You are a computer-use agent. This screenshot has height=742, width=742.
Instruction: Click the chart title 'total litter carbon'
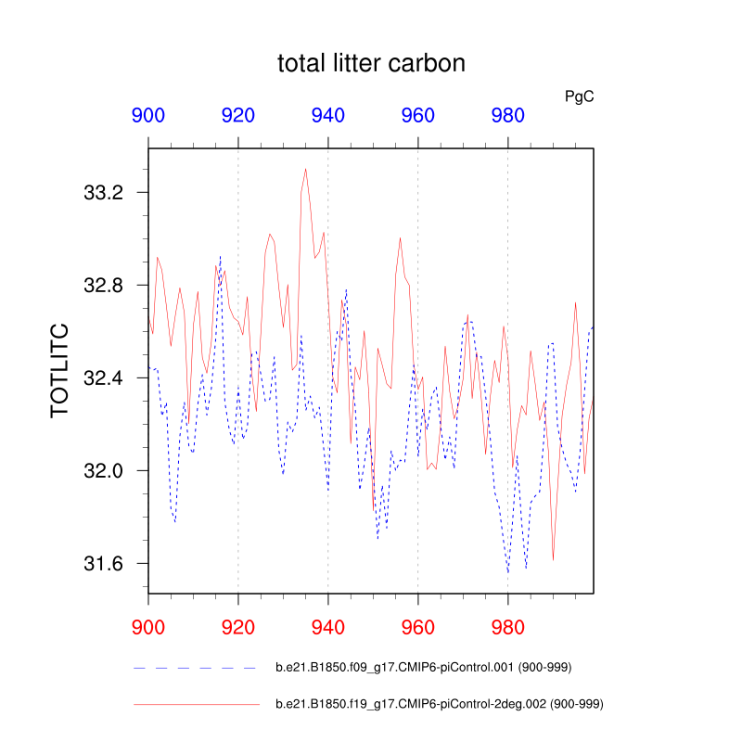coord(371,64)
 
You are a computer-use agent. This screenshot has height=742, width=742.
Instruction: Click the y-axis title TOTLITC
coord(59,371)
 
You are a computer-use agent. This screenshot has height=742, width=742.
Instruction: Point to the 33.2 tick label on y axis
coord(104,193)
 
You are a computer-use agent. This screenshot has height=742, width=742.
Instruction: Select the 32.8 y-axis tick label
coord(104,286)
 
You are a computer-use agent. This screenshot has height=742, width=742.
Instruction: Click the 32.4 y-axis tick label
coord(104,378)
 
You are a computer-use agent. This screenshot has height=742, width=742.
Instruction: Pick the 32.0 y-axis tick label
coord(104,471)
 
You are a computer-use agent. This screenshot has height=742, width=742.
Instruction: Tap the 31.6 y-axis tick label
coord(104,564)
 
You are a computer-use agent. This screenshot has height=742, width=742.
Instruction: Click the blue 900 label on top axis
coord(148,116)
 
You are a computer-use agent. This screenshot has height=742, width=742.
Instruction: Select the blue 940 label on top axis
coord(328,116)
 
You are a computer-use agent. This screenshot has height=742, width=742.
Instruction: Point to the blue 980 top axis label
coord(507,116)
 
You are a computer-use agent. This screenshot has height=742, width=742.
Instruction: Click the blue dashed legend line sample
coord(196,668)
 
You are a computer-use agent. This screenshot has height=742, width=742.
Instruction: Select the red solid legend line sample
coord(196,705)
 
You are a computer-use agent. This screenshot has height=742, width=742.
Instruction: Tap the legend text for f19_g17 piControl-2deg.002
coord(441,705)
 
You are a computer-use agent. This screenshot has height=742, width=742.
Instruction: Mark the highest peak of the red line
coord(305,169)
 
